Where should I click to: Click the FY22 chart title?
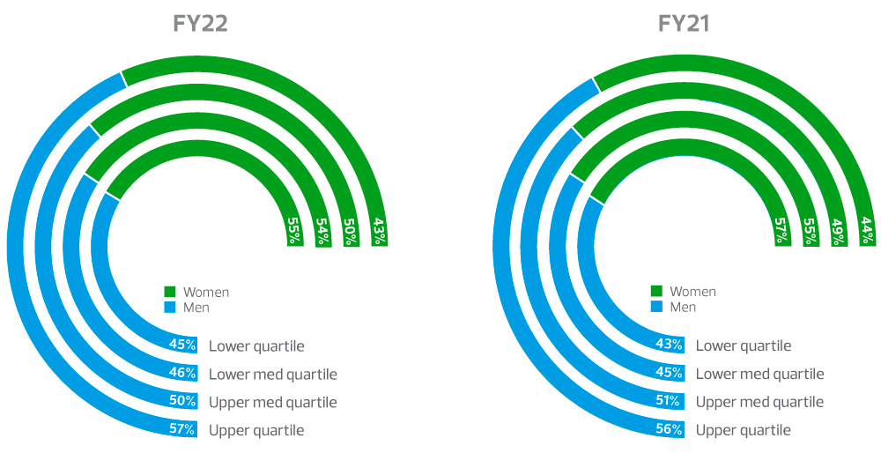click(x=201, y=24)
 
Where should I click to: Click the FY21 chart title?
click(x=685, y=24)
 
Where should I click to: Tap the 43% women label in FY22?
click(x=379, y=231)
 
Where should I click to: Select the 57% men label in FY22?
click(x=182, y=430)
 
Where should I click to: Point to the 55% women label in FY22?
click(x=295, y=231)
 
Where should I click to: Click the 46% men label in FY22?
click(x=182, y=373)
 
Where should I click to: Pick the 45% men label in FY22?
click(x=182, y=345)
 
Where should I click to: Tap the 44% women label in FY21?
click(x=867, y=231)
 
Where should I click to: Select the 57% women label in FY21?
click(x=782, y=231)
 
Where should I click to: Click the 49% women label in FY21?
click(x=839, y=231)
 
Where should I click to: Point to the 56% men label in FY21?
click(x=669, y=430)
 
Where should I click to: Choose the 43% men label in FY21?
click(x=669, y=345)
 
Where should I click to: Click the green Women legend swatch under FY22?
click(x=170, y=292)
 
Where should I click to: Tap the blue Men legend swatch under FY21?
click(x=657, y=307)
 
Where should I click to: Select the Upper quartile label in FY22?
click(x=256, y=431)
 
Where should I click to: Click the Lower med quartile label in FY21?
click(x=759, y=374)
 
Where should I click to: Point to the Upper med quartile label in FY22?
click(x=273, y=403)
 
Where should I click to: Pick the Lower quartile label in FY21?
click(x=744, y=346)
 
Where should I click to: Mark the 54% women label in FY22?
click(x=323, y=231)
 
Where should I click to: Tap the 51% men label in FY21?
click(x=669, y=401)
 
